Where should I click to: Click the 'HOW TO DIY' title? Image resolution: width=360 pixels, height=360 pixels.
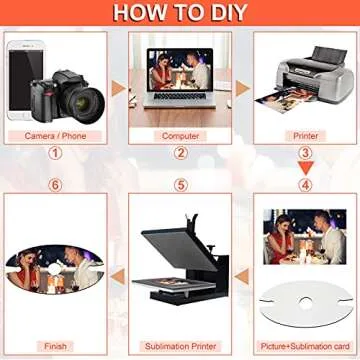(x=180, y=13)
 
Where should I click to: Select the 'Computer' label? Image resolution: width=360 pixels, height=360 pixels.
(x=180, y=135)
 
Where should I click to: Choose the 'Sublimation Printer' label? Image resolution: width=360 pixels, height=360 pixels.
(x=180, y=345)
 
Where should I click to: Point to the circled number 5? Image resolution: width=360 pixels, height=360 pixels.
(x=181, y=185)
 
